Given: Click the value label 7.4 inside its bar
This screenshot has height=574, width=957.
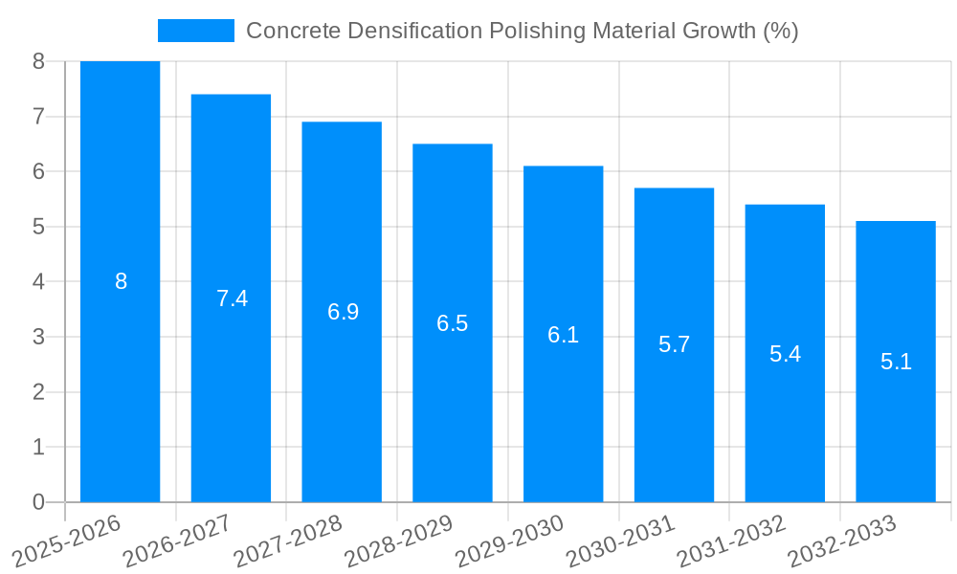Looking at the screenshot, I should click(x=232, y=298).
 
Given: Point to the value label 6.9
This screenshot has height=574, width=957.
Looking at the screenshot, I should click(x=343, y=312).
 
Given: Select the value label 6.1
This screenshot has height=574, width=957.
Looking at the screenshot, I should click(x=563, y=335).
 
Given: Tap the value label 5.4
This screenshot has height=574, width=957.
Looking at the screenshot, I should click(x=785, y=354).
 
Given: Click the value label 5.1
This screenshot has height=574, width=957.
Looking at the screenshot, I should click(x=896, y=362).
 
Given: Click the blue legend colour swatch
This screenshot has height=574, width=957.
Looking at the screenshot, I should click(x=195, y=31).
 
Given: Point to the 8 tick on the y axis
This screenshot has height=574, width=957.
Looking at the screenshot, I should click(x=38, y=62).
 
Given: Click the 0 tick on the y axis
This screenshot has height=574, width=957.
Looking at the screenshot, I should click(x=38, y=502).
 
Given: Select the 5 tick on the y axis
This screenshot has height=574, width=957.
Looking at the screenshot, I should click(x=38, y=227).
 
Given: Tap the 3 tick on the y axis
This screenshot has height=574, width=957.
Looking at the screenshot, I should click(x=38, y=337).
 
